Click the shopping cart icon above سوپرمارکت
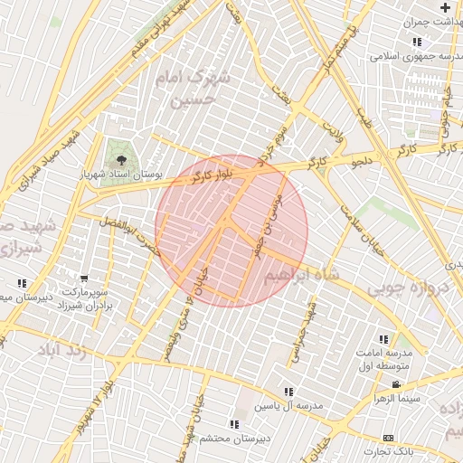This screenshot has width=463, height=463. (x=84, y=279)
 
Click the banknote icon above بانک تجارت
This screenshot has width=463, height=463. (x=389, y=438)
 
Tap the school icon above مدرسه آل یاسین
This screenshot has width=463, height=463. (x=288, y=392)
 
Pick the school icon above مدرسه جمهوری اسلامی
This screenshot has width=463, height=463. (x=417, y=42)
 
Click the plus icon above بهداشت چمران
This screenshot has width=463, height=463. (x=444, y=6)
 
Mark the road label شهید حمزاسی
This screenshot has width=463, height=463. (x=301, y=340)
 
